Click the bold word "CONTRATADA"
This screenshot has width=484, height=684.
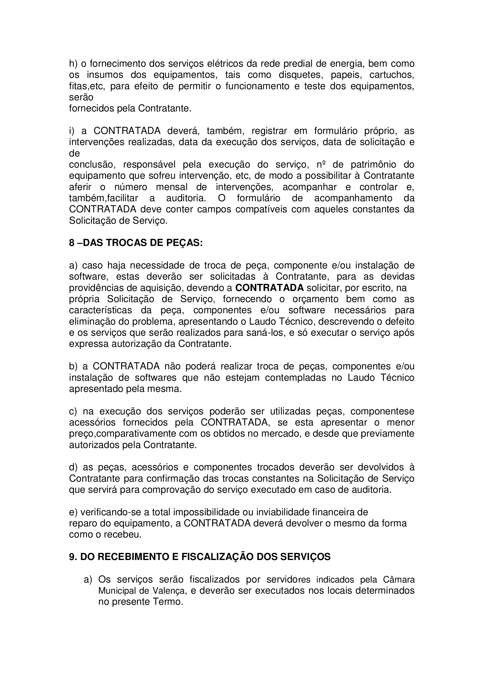point(270,288)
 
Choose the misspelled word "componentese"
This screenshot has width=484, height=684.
point(382,411)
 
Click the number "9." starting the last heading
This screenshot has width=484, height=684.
point(73,557)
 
